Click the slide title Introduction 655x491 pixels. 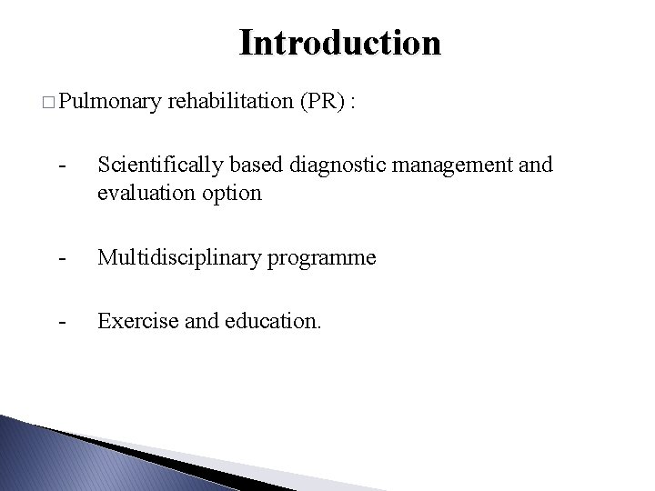pos(339,43)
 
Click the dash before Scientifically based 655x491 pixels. pos(60,165)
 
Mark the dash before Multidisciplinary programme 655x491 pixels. pos(60,258)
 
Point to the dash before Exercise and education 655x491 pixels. pos(60,322)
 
